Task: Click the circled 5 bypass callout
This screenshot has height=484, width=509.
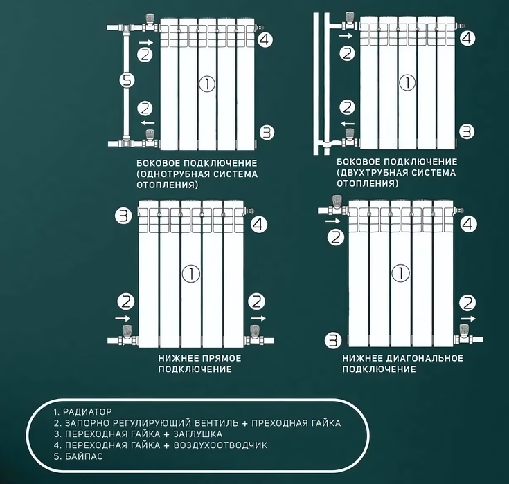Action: pos(127,80)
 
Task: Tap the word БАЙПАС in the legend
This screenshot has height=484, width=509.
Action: pos(84,456)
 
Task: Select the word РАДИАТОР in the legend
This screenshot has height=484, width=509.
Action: pos(87,411)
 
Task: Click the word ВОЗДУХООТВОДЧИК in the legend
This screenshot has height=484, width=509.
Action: pos(220,445)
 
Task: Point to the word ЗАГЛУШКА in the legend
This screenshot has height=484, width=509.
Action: pos(197,434)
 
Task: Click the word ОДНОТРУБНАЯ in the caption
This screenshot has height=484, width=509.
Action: pos(173,174)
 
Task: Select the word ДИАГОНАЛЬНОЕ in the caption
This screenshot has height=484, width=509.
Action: pos(425,358)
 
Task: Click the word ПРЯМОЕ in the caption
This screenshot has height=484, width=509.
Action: pos(222,358)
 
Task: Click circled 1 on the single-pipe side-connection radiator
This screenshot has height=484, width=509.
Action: pos(207,84)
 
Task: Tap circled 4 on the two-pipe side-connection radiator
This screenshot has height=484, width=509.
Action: pos(467,38)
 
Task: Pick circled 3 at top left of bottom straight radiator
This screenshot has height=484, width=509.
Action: pos(124,216)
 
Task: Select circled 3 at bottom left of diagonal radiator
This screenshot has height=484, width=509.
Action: pos(333,341)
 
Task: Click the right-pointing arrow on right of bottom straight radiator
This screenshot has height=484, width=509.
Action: pos(258,318)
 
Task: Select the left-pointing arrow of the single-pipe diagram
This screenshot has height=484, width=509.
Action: pos(148,122)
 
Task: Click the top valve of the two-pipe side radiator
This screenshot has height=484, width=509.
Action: pos(349,21)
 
